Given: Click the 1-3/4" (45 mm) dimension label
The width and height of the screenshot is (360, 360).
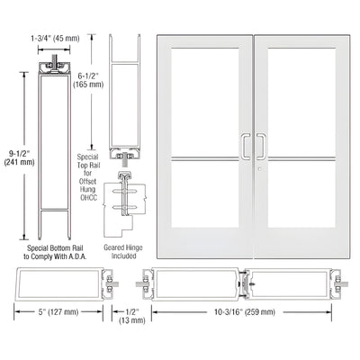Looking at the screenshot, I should [56, 39].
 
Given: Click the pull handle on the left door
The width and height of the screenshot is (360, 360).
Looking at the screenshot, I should [243, 146].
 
